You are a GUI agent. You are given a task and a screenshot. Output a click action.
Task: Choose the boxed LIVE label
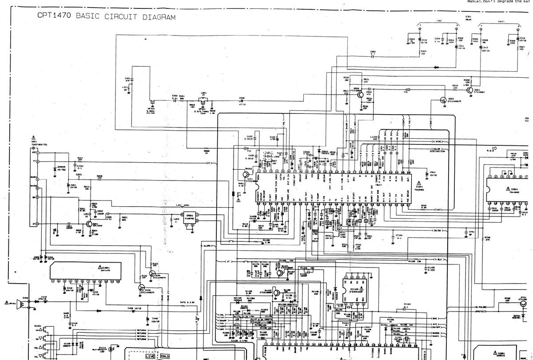pyautogui.click(x=148, y=356)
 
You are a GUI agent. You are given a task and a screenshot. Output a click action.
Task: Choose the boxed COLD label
pyautogui.click(x=165, y=356)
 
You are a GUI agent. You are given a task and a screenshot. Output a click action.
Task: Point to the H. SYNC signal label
pyautogui.click(x=438, y=141)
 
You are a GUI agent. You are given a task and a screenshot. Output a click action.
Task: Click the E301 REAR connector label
pyautogui.click(x=468, y=18)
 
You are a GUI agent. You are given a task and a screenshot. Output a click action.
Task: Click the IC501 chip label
pyautogui.click(x=514, y=189)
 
